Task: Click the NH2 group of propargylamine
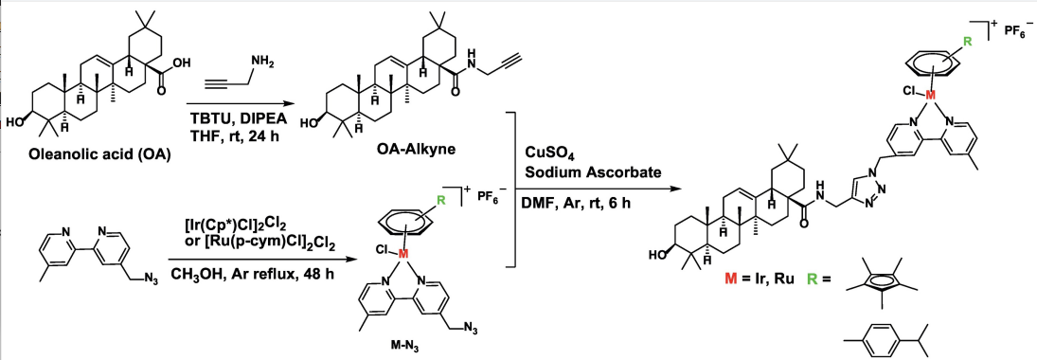coord(258,64)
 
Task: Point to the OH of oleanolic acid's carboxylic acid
coord(181,63)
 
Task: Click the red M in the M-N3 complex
coord(401,254)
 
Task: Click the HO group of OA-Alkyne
coord(308,122)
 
